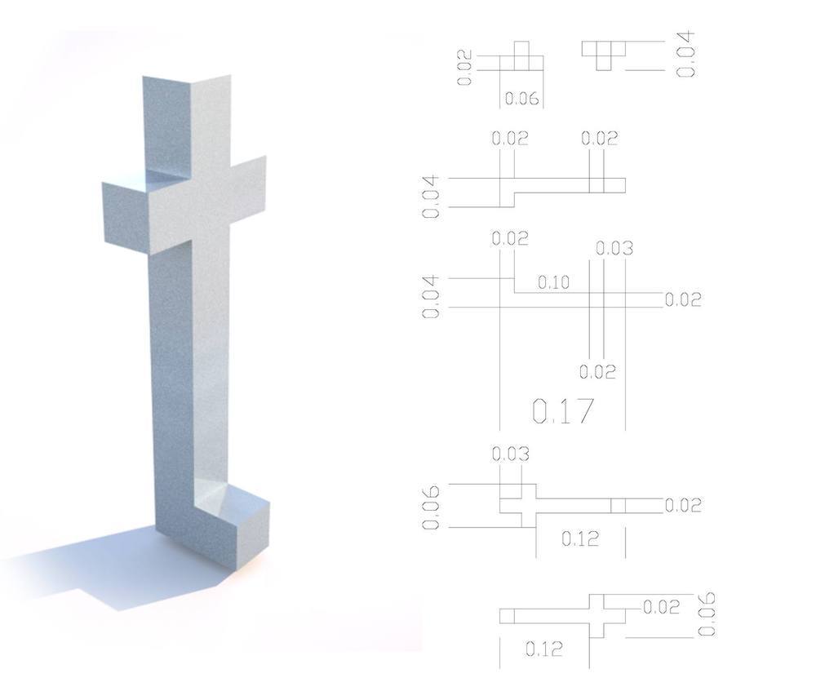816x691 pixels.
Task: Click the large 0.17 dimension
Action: [562, 410]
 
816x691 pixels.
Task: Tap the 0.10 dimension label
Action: [553, 282]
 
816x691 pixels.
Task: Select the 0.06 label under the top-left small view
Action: [521, 99]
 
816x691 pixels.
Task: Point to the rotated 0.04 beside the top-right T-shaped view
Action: [685, 54]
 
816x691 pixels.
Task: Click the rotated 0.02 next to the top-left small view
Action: [465, 67]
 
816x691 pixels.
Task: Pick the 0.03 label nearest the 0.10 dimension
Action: [614, 248]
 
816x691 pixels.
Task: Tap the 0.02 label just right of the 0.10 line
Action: [683, 299]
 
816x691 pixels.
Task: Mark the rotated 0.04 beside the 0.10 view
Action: [431, 297]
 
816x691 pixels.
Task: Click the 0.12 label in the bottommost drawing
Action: [543, 649]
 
